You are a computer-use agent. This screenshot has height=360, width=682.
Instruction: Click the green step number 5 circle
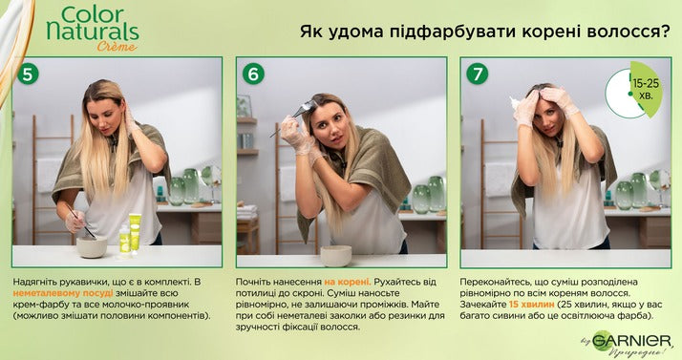click(x=28, y=74)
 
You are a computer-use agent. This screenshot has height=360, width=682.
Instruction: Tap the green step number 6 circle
click(x=253, y=74)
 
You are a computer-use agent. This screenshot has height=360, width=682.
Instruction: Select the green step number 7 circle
click(x=478, y=74)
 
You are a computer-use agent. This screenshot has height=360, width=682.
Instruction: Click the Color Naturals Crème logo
click(x=93, y=29)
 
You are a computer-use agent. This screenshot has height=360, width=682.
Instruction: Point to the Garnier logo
click(x=629, y=342)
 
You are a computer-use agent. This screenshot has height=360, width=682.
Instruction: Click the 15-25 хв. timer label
click(x=646, y=89)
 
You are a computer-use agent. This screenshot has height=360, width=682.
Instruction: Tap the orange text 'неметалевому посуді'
click(x=63, y=293)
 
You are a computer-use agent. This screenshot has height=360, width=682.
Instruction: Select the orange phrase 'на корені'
click(x=347, y=282)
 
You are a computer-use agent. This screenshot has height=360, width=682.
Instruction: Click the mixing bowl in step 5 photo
click(x=92, y=247)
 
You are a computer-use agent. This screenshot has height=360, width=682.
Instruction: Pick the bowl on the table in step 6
click(x=336, y=256)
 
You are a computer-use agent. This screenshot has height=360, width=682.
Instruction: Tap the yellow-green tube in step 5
click(x=135, y=233)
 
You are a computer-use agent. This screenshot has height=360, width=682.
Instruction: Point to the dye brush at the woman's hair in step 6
click(x=292, y=116)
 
